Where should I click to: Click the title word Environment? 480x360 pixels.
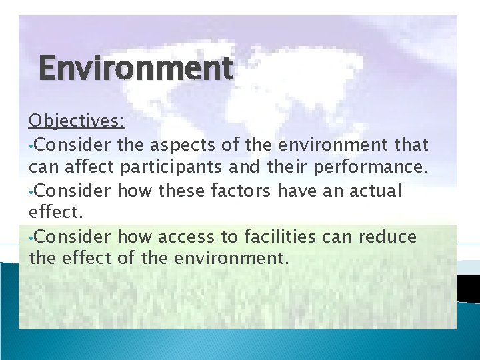[136, 68]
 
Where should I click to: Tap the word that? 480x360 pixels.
[409, 144]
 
